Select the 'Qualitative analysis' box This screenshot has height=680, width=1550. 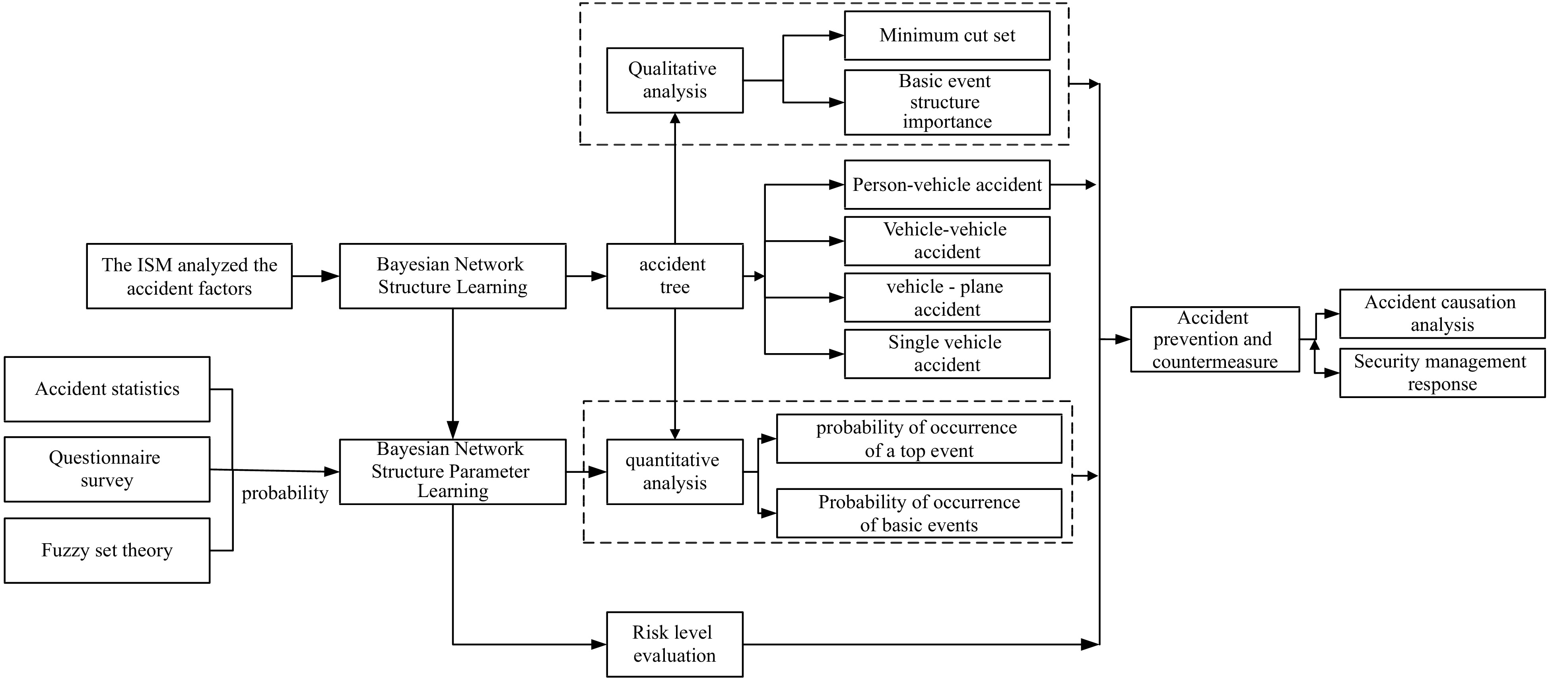point(674,80)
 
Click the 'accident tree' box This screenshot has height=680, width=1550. point(674,276)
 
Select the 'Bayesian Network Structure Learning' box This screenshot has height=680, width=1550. point(453,276)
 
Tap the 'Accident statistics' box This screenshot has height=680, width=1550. point(107,389)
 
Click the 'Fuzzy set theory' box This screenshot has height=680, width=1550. point(107,550)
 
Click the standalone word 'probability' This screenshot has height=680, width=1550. point(285,493)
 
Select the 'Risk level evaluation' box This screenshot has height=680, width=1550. point(674,644)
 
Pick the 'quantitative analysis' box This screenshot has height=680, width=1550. point(674,471)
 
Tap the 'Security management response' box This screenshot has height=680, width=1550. point(1442,373)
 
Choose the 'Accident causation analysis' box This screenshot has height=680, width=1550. point(1442,313)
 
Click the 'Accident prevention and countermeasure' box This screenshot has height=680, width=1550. point(1214,339)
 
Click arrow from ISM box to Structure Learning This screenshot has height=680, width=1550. point(316,276)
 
